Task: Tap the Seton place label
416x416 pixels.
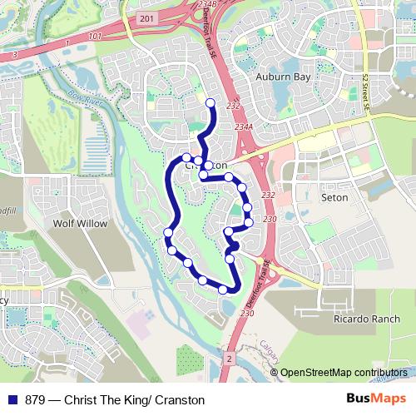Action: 334,198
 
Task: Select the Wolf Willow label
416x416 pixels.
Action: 76,224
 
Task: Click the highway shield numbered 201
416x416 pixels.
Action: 147,18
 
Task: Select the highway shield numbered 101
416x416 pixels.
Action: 94,37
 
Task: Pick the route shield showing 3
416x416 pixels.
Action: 14,55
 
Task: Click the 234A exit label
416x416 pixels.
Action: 243,126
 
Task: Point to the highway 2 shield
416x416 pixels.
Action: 228,357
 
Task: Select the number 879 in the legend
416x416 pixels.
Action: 36,399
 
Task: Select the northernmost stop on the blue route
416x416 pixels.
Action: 210,103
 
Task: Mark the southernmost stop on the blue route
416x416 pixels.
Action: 223,290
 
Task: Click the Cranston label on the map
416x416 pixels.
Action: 212,166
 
